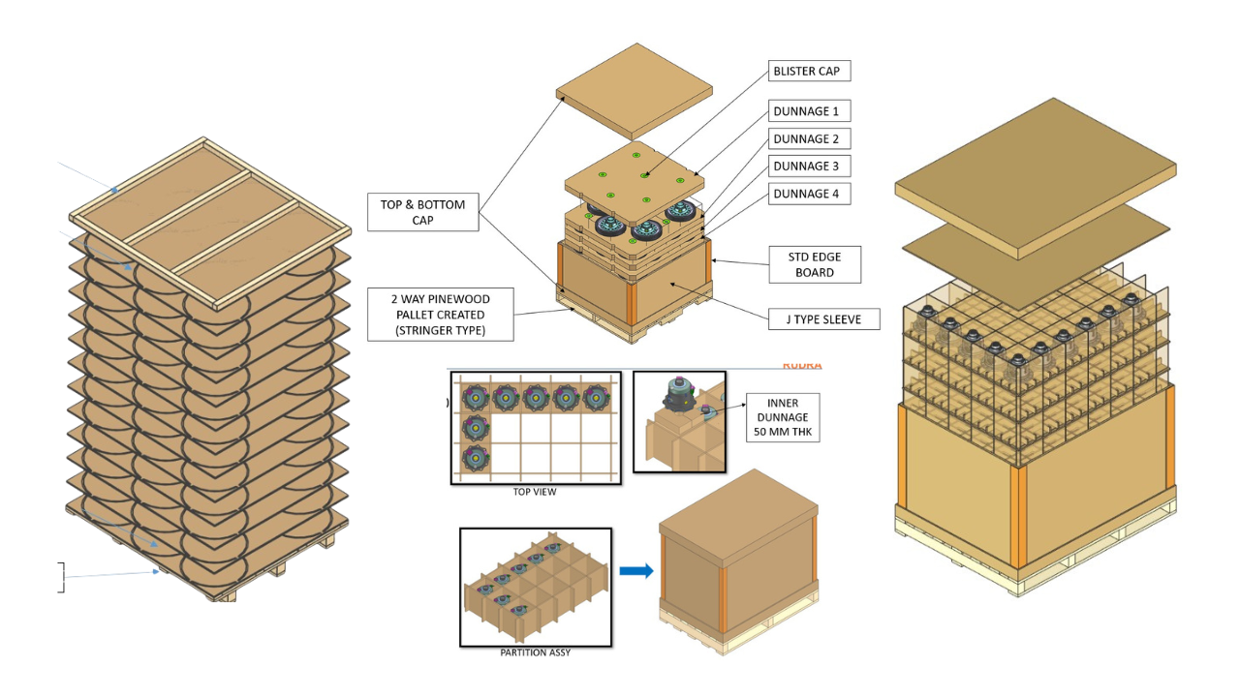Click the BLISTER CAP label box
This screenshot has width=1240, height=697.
810,72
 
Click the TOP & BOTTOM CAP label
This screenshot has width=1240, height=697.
423,211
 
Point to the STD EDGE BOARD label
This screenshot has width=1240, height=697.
815,264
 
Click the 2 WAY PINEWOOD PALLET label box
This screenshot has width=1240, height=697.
440,314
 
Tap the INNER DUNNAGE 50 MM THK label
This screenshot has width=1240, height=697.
783,417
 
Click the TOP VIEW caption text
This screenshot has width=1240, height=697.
535,492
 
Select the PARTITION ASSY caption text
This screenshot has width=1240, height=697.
535,652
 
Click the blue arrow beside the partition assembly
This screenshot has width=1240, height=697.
635,571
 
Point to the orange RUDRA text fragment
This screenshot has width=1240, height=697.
801,366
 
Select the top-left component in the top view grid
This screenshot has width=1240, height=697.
476,398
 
